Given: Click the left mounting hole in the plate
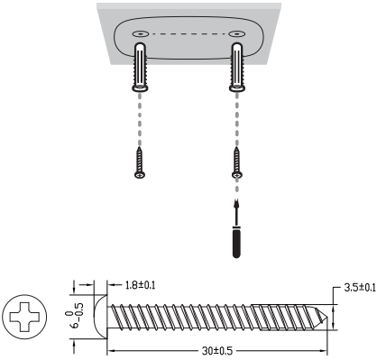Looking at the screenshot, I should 141,33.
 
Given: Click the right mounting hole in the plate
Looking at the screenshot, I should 236,33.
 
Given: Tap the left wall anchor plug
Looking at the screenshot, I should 141,70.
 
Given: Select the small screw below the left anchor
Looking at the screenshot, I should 141,162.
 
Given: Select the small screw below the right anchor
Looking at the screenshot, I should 236,162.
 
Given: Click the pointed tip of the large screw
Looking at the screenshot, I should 326,317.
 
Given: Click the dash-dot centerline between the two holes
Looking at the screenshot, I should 188,33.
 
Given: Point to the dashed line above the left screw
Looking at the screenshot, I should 141,122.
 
